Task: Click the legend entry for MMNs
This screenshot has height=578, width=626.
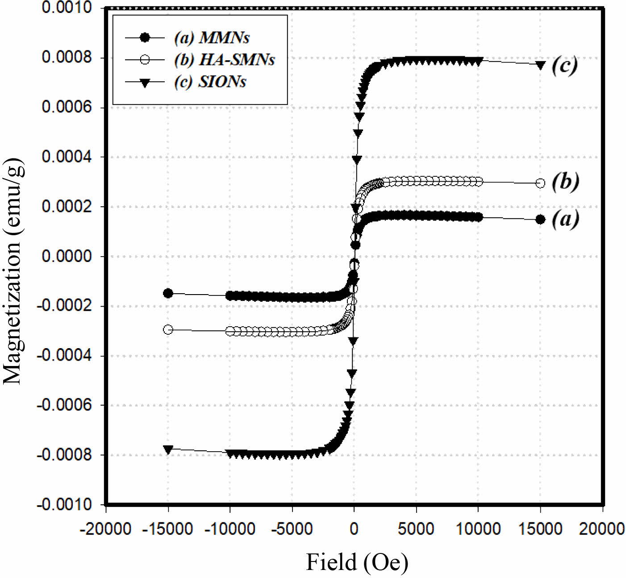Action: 211,37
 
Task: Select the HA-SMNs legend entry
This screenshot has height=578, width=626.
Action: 224,59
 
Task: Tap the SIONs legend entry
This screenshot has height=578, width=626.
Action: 210,82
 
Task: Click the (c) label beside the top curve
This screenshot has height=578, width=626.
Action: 564,65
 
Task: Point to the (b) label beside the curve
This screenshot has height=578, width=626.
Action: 565,181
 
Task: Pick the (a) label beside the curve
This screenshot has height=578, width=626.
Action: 565,219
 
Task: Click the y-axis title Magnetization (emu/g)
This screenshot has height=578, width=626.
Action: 13,270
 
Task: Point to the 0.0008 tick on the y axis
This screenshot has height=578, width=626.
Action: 67,57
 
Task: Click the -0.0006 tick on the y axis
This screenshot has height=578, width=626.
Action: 64,405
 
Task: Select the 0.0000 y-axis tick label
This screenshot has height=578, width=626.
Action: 67,256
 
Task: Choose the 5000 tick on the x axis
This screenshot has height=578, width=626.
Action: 416,529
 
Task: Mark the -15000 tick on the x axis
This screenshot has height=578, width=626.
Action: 167,529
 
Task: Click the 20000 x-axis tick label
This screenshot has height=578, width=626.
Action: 601,529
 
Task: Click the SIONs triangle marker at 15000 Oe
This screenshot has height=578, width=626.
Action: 540,65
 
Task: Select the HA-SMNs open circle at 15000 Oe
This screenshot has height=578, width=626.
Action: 540,183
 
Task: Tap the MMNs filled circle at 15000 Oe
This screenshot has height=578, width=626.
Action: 540,219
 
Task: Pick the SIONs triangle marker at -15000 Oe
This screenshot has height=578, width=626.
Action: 168,449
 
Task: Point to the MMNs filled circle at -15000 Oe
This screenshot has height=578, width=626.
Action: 168,293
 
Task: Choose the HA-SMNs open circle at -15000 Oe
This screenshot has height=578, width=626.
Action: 168,330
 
